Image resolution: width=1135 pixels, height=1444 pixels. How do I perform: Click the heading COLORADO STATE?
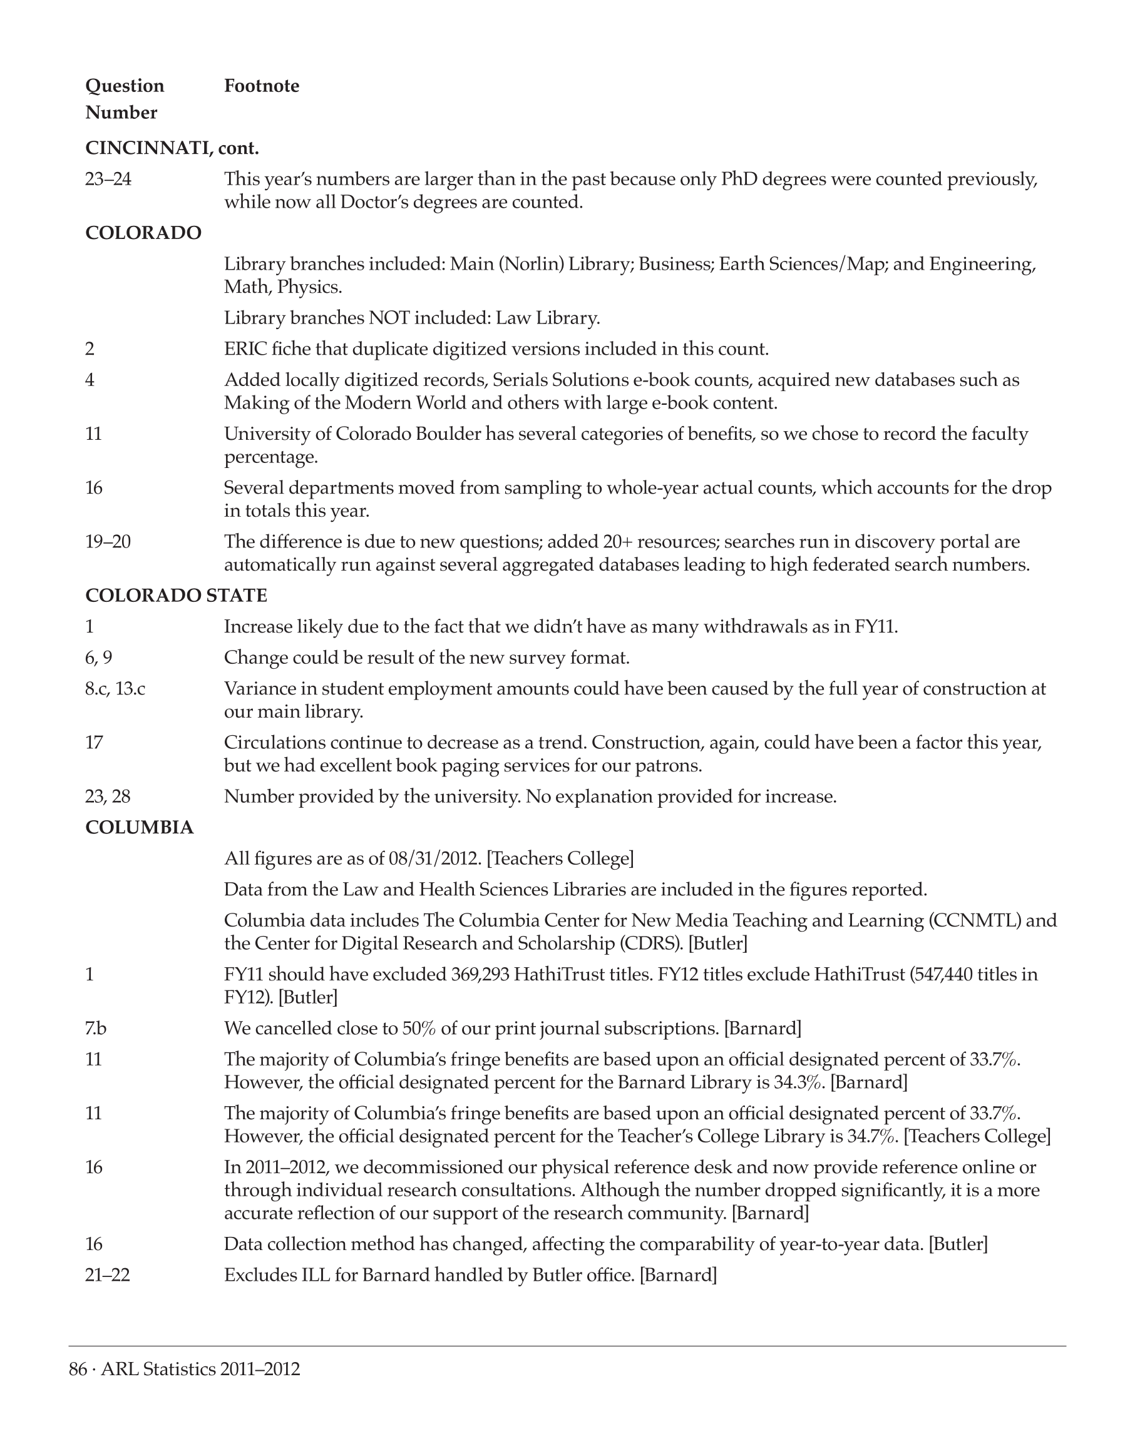[176, 595]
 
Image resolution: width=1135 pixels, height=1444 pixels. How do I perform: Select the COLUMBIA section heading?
[140, 828]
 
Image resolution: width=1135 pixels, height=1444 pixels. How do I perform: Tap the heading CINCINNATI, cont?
[172, 148]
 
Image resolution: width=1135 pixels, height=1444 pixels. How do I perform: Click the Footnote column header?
[261, 86]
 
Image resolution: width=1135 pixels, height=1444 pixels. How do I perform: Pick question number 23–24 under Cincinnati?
[108, 180]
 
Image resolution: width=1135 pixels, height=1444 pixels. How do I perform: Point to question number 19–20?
[108, 542]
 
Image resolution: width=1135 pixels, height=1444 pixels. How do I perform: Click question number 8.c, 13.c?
[115, 689]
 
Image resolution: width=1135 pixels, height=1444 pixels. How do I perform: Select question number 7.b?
[96, 1028]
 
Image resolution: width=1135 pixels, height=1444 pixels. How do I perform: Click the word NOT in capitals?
[389, 318]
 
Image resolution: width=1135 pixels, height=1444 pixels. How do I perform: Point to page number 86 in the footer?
[78, 1370]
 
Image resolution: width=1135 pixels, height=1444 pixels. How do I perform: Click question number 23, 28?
[108, 796]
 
